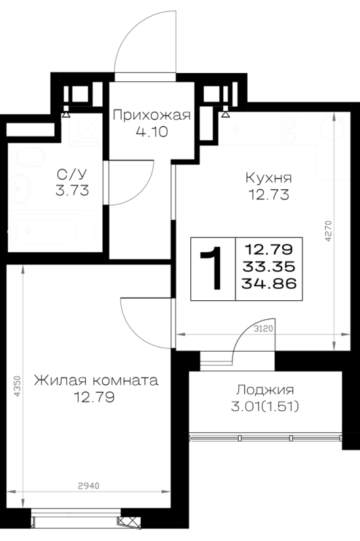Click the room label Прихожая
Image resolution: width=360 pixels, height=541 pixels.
coord(152,115)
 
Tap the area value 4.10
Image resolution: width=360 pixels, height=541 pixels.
coord(152,131)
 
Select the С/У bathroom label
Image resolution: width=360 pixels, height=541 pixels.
coord(72,174)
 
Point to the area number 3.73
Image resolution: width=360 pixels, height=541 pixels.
coord(72,190)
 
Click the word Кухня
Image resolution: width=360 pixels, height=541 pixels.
coord(269,178)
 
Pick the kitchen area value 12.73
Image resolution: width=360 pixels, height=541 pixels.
coord(269,195)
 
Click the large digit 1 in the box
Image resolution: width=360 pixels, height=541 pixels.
coord(212,268)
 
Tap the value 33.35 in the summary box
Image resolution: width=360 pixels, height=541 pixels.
coord(269,266)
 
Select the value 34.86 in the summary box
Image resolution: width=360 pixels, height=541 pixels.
coord(269,283)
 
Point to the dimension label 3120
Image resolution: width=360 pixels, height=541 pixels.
coord(263,329)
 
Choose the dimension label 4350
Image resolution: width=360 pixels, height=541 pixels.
coord(18,386)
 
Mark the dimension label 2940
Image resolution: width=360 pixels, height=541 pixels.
coord(89,486)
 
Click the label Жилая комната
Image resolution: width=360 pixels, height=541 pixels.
coord(96,381)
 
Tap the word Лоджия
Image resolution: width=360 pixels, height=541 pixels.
coord(265,390)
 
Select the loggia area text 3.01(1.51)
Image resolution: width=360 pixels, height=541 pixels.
coord(265,407)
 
